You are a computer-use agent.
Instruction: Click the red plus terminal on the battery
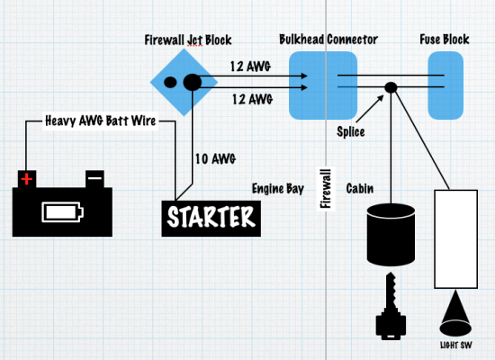pyautogui.click(x=27, y=179)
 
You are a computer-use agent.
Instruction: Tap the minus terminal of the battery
pyautogui.click(x=94, y=179)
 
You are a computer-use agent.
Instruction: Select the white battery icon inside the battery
pyautogui.click(x=62, y=211)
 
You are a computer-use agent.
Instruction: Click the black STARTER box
pyautogui.click(x=211, y=218)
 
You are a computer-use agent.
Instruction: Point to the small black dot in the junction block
pyautogui.click(x=170, y=82)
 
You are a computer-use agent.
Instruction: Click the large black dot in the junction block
pyautogui.click(x=193, y=82)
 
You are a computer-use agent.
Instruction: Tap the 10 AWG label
pyautogui.click(x=215, y=158)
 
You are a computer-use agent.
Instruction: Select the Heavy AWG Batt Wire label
pyautogui.click(x=101, y=121)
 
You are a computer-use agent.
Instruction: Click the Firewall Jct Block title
pyautogui.click(x=188, y=40)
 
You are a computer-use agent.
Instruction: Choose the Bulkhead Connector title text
pyautogui.click(x=328, y=40)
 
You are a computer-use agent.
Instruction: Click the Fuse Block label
pyautogui.click(x=445, y=40)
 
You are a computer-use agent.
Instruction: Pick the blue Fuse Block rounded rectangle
pyautogui.click(x=445, y=85)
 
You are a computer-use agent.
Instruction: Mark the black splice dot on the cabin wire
pyautogui.click(x=391, y=87)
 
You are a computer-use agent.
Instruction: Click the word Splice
pyautogui.click(x=351, y=131)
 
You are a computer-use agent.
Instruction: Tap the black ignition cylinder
pyautogui.click(x=391, y=235)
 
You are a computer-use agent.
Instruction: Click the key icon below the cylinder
pyautogui.click(x=391, y=306)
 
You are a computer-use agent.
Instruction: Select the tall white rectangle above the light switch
pyautogui.click(x=456, y=239)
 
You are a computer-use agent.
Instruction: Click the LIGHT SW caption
pyautogui.click(x=456, y=346)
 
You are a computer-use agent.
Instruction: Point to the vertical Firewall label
pyautogui.click(x=326, y=188)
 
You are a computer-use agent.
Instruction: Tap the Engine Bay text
pyautogui.click(x=278, y=189)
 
